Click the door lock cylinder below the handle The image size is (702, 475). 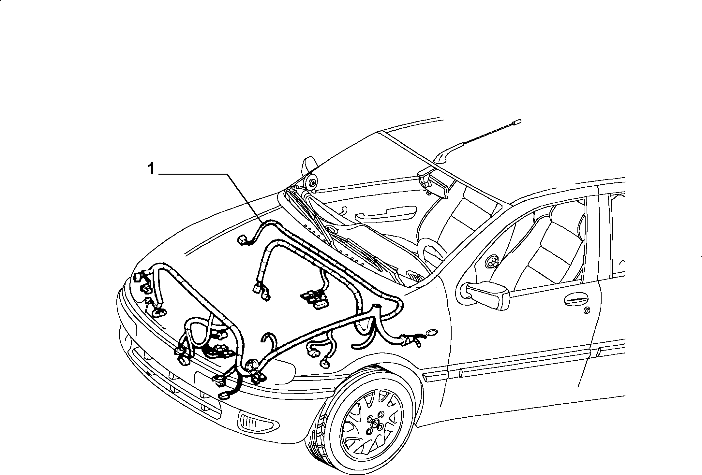click(x=587, y=311)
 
